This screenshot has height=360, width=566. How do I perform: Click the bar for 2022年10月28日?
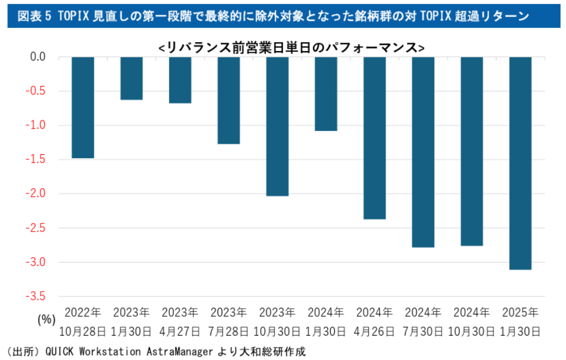click(83, 107)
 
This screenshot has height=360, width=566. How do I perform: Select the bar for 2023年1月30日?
click(131, 78)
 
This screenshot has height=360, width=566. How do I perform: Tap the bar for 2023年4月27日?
click(180, 80)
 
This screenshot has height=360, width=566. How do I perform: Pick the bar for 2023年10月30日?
click(277, 126)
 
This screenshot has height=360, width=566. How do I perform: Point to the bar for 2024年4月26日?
click(374, 138)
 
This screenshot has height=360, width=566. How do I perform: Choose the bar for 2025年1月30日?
click(521, 163)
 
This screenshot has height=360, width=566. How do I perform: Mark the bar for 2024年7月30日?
click(423, 152)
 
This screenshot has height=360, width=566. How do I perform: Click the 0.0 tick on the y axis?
click(38, 57)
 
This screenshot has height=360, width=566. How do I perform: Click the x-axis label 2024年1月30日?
click(326, 322)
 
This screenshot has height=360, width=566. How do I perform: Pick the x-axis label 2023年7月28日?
click(229, 322)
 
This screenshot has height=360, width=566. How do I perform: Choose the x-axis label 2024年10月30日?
click(472, 322)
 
